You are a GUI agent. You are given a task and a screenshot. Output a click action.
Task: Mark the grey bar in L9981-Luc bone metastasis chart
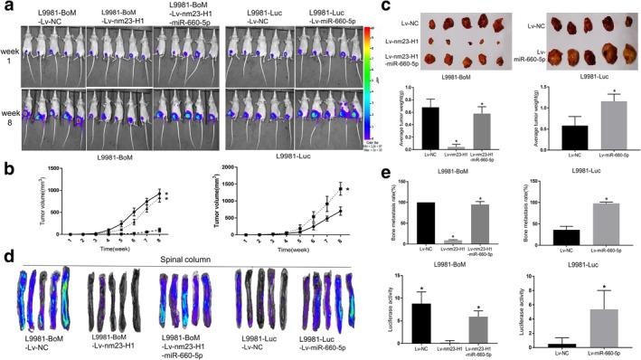588,223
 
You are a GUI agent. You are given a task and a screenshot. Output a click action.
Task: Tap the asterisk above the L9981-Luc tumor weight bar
589,90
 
